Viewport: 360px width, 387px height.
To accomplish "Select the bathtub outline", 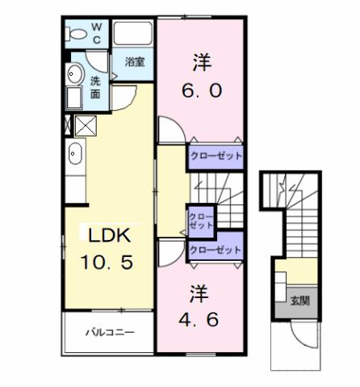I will coord(132,34).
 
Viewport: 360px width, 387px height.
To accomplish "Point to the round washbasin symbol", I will coord(75,74).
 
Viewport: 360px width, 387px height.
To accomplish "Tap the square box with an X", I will coord(85,125).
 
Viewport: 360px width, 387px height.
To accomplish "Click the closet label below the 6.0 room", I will coord(216,156).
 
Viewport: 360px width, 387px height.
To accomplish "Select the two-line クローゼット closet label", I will coord(201,221).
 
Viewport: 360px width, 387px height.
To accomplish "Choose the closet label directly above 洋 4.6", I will coord(215,250).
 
